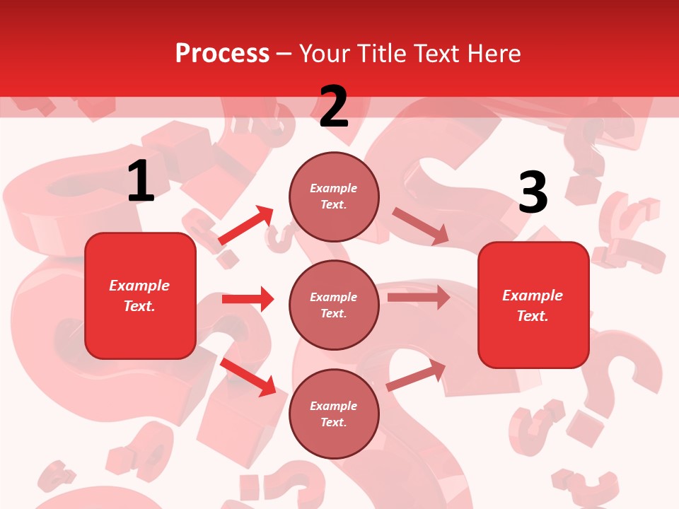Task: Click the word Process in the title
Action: [x=222, y=53]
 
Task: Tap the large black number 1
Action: [x=141, y=182]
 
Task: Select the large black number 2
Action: [x=334, y=107]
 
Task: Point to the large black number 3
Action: [x=533, y=193]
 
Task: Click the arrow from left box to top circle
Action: [x=246, y=226]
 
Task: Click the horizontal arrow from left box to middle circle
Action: [x=248, y=299]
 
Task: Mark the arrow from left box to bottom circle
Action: [x=248, y=377]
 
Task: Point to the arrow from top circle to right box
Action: [x=420, y=226]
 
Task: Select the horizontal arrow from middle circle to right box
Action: [x=419, y=297]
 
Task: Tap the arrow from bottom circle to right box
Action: [x=416, y=375]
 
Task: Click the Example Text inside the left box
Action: [x=139, y=296]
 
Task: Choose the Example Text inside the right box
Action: [x=533, y=305]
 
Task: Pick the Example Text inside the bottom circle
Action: [x=333, y=414]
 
